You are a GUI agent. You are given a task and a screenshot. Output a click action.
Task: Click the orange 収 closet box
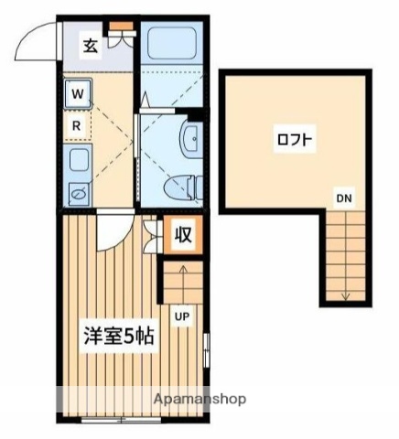coord(183,234)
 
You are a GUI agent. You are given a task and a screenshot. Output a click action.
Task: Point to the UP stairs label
coord(182,316)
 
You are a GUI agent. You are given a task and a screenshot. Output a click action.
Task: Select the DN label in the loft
coord(342,198)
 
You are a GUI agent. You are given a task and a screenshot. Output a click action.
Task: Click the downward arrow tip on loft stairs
coord(346,297)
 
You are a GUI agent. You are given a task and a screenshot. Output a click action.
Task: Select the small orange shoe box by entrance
coord(118,37)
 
